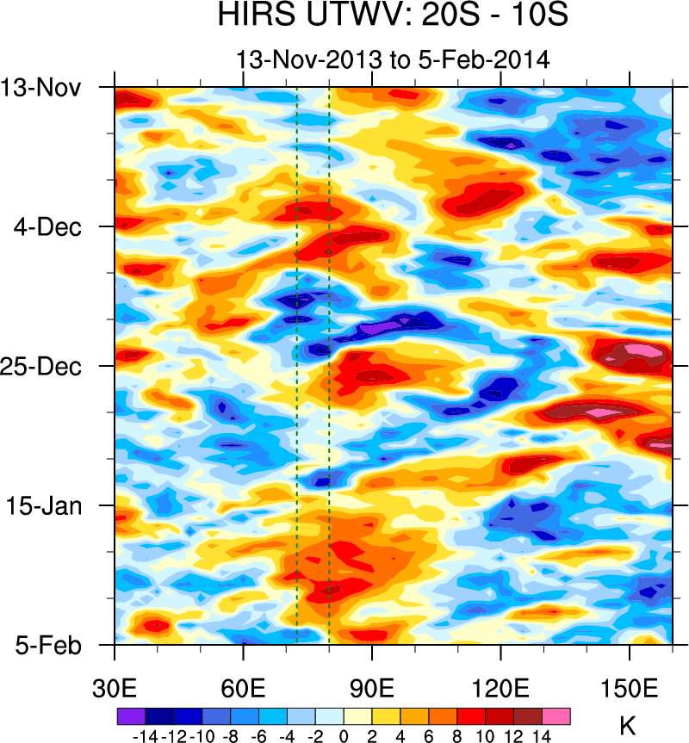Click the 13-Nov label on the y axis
pos(43,88)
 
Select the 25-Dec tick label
pos(43,366)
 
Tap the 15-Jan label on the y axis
pos(45,505)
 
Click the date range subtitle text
pos(393,60)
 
